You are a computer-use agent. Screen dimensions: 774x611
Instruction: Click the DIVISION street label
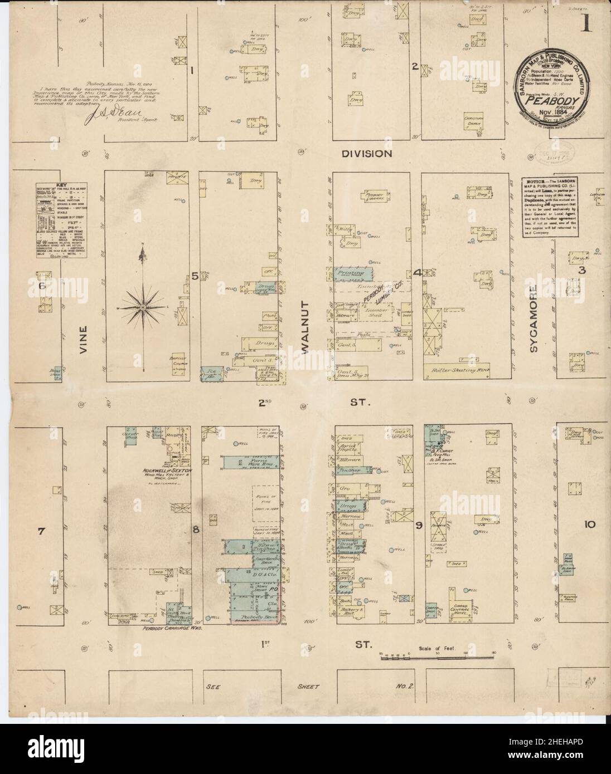point(367,153)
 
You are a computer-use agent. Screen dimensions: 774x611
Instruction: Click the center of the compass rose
point(143,307)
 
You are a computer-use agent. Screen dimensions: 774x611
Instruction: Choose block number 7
point(40,532)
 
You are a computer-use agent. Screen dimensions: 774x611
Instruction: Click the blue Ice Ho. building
point(212,373)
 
